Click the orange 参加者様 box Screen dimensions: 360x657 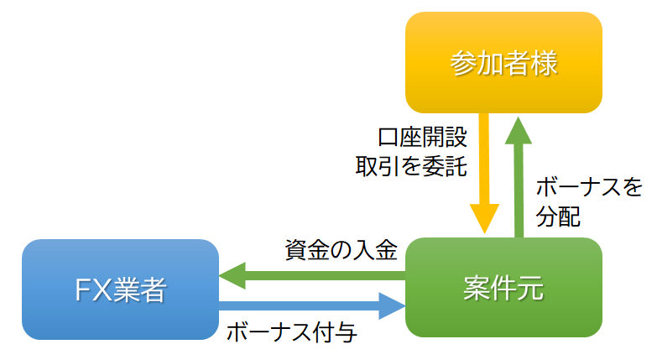pos(503,63)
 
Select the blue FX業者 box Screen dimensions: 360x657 pos(120,290)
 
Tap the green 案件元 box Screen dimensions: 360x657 pos(503,288)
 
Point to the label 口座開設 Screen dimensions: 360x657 pos(423,135)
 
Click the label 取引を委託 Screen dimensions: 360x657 pos(410,164)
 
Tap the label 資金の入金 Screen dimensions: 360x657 pos(340,249)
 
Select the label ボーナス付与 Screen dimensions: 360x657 pos(292,332)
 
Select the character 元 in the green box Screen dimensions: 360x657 pos(530,289)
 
